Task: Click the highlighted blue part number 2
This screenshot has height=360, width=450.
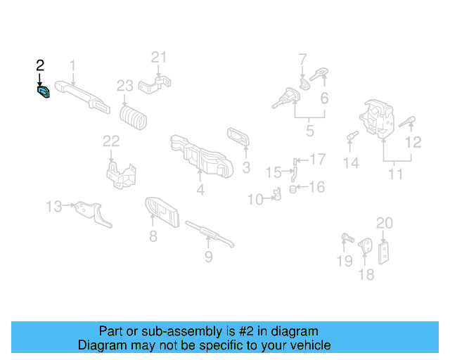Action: click(43, 92)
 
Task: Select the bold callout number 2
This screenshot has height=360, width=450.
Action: click(40, 65)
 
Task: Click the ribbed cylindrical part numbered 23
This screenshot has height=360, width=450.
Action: click(135, 117)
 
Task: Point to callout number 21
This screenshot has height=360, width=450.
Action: click(160, 57)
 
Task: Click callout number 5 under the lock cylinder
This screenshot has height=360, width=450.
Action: click(310, 130)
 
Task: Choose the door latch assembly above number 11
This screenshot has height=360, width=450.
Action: click(380, 117)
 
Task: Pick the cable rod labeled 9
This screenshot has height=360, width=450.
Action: click(208, 233)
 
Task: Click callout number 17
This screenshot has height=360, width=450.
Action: click(318, 160)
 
